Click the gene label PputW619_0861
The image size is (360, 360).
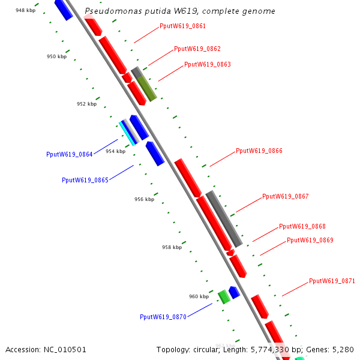[182, 26]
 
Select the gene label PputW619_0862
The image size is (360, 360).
[197, 49]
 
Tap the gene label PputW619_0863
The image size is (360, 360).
[207, 65]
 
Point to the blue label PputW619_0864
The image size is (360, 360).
[69, 154]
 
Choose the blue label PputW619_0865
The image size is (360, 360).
[85, 180]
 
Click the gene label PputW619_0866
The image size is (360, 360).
[259, 151]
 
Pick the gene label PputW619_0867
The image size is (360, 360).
[285, 197]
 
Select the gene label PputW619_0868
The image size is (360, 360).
[302, 227]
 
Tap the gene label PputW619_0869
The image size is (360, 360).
[310, 241]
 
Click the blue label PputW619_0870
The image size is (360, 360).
[163, 317]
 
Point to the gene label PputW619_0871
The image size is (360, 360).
[332, 281]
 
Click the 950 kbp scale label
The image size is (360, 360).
[56, 56]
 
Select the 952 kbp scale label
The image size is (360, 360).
[86, 104]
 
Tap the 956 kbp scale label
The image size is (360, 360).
[144, 199]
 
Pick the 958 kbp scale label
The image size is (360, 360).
[172, 247]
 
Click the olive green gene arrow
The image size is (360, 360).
[146, 88]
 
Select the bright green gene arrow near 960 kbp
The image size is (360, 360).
[224, 296]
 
